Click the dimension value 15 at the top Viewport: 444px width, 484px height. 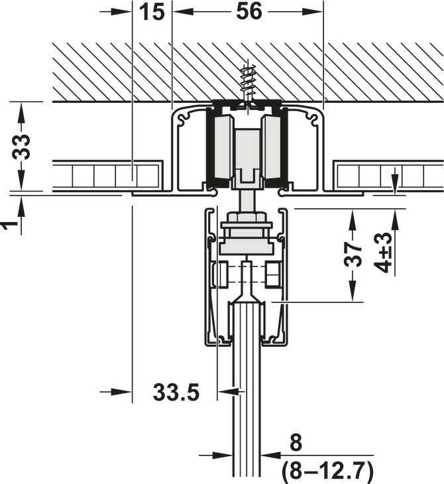(x=152, y=12)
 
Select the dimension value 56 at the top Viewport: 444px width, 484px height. (x=249, y=11)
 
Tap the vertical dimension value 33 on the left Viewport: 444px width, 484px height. (x=22, y=147)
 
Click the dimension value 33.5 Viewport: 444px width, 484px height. (x=176, y=393)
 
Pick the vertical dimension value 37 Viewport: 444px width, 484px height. (x=353, y=255)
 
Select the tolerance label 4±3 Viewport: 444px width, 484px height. (x=384, y=253)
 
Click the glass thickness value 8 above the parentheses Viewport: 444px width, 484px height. (x=296, y=443)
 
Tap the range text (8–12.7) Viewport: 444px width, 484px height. (x=327, y=471)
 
